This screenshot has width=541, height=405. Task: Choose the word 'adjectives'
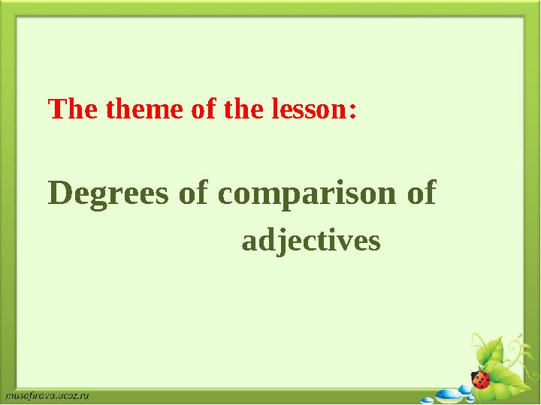[311, 241]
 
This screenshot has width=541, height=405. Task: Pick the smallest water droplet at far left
[427, 399]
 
